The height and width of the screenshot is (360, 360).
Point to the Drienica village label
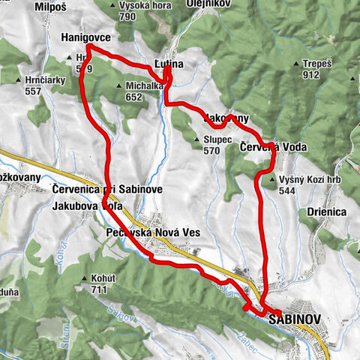326,212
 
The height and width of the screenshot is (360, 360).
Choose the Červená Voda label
273,147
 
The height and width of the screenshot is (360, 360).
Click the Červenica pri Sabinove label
97,190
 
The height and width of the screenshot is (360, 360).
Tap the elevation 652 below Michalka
134,97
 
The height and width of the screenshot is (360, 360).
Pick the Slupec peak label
218,139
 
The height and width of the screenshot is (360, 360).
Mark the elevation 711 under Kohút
98,289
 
